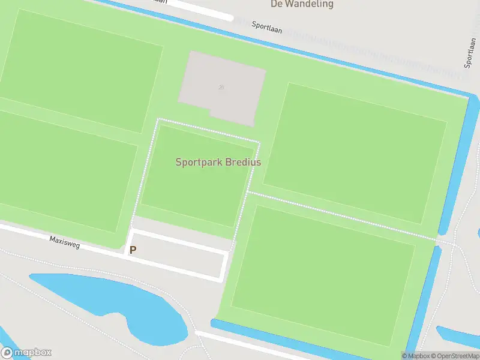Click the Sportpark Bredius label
pyautogui.click(x=218, y=162)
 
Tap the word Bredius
pyautogui.click(x=243, y=162)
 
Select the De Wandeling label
pyautogui.click(x=302, y=4)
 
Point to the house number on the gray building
pyautogui.click(x=221, y=88)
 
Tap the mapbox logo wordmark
pyautogui.click(x=33, y=353)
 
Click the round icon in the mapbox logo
pyautogui.click(x=8, y=353)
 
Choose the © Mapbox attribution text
pyautogui.click(x=414, y=356)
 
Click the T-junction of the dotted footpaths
pyautogui.click(x=248, y=193)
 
